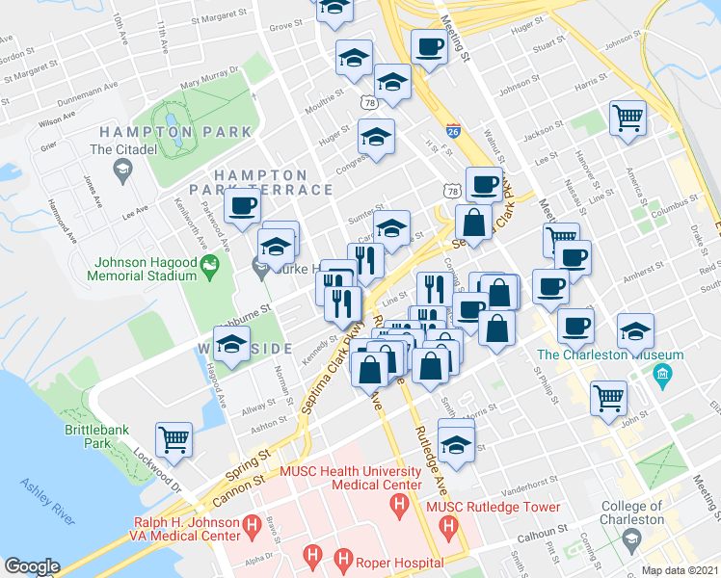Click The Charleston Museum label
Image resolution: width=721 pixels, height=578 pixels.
[609, 355]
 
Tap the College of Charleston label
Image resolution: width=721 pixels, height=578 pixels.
[632, 512]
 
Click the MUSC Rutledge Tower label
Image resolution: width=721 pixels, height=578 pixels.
[507, 507]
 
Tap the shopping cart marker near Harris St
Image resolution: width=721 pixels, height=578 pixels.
[628, 117]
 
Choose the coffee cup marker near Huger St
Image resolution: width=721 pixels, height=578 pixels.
[428, 45]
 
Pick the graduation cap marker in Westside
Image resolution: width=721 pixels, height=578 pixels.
[231, 345]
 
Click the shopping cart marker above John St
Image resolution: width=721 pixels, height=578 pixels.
[608, 396]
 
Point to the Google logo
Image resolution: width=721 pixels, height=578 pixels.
[32, 566]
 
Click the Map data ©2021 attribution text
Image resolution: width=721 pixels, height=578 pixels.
[680, 570]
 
